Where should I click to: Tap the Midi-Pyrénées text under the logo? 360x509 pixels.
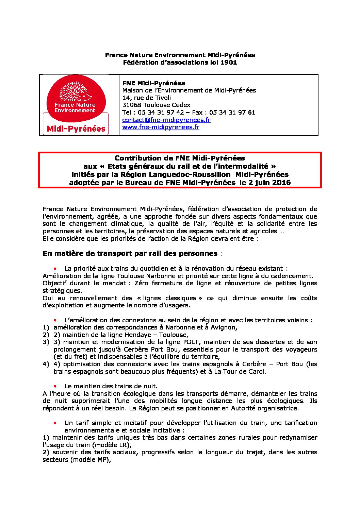coord(76,129)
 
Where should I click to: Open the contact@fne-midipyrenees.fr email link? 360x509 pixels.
coord(166,120)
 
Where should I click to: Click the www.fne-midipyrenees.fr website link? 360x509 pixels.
coord(161,127)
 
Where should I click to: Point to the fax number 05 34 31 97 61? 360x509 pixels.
coord(232,113)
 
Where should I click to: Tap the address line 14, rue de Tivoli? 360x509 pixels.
coord(146,98)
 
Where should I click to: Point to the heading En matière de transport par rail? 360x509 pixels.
coord(130,253)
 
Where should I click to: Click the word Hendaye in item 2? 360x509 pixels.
coord(136,335)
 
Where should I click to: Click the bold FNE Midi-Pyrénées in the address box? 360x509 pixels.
coord(153,83)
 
